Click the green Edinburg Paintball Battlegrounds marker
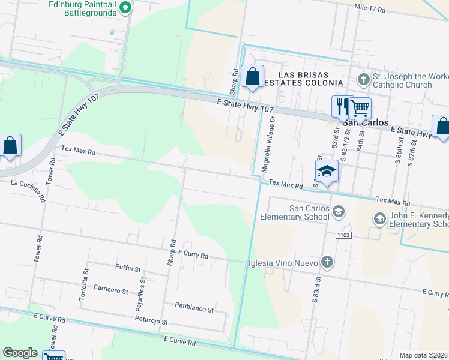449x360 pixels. (125, 8)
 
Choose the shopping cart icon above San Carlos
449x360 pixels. (360, 108)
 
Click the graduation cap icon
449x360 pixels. (326, 171)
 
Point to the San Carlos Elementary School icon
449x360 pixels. (339, 211)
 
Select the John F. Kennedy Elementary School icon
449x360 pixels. (379, 219)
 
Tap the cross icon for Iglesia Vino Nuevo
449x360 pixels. (327, 262)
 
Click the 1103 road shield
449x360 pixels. (343, 235)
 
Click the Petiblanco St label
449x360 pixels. (194, 309)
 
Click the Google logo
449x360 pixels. (20, 353)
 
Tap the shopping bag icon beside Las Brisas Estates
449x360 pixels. (253, 76)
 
